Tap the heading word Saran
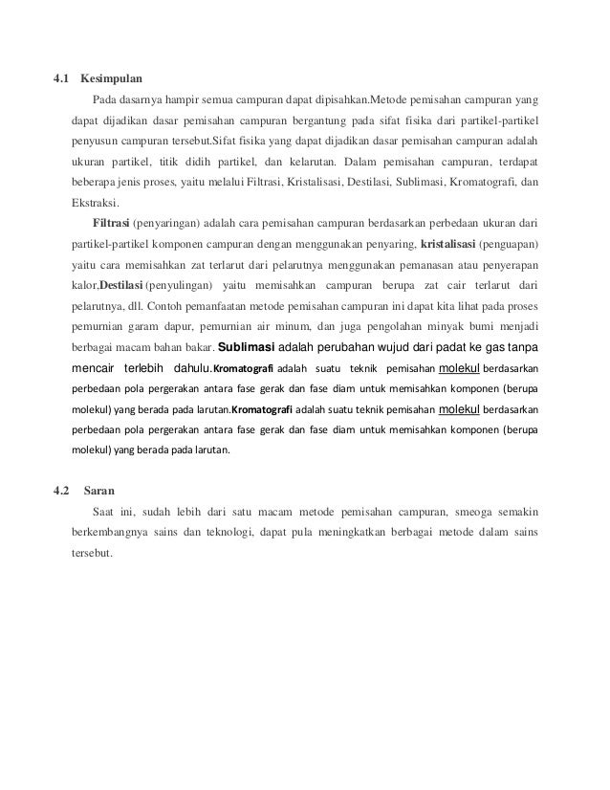[99, 492]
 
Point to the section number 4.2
[64, 492]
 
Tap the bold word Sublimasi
[252, 348]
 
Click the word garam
[145, 327]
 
